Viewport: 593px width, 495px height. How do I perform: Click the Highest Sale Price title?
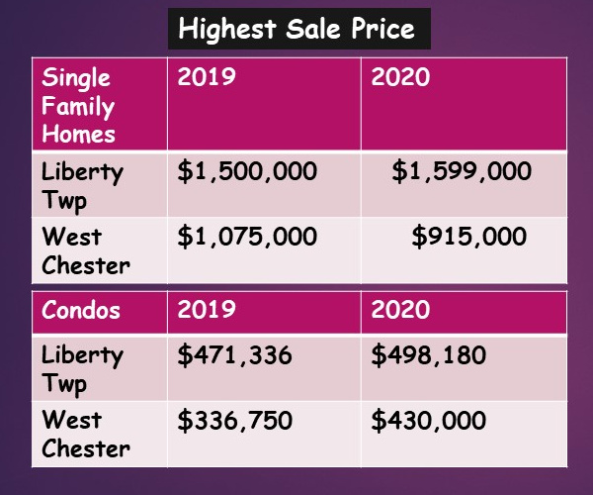tap(296, 29)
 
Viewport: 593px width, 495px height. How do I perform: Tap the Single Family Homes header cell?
tap(78, 106)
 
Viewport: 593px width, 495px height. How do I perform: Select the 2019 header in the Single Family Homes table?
tap(207, 77)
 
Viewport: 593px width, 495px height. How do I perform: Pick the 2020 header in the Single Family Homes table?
tap(400, 77)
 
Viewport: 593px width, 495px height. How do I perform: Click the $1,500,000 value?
tap(247, 171)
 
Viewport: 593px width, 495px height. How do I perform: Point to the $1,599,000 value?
tap(462, 171)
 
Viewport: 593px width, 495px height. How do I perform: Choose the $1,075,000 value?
tap(247, 238)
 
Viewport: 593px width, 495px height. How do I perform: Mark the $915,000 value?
tap(468, 238)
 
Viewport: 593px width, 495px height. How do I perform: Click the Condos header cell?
tap(81, 309)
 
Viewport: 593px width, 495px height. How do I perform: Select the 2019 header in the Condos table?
tap(207, 309)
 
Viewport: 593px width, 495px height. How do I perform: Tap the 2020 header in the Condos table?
tap(400, 309)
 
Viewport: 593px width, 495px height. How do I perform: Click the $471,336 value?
tap(234, 354)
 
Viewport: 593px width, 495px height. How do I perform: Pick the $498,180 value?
tap(429, 354)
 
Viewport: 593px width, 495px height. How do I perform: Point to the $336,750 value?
tap(234, 420)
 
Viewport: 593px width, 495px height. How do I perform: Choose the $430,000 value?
tap(429, 420)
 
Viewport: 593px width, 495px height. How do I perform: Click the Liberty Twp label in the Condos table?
tap(83, 368)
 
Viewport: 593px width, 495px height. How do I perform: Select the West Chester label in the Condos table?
tap(85, 434)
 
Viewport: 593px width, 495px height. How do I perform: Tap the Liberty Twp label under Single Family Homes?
tap(83, 185)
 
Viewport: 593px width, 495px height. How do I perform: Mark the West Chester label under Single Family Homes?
tap(85, 251)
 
